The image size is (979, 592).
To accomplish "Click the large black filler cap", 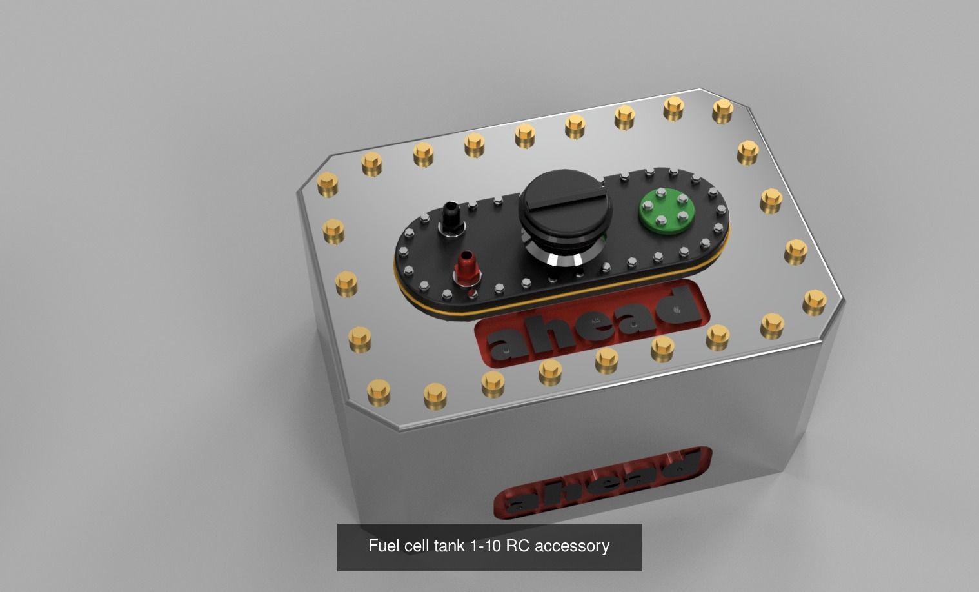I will point(564,206).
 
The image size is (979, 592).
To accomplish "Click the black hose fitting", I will point(450,219).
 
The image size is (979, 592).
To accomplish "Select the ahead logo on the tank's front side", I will point(604,484).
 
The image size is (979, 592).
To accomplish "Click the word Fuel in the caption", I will point(384,546).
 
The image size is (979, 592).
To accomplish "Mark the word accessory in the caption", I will point(572,546).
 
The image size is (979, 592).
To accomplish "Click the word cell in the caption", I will point(417,546).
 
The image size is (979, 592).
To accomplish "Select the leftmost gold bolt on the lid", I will point(328,184).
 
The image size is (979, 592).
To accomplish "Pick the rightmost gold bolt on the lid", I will point(815,301).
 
